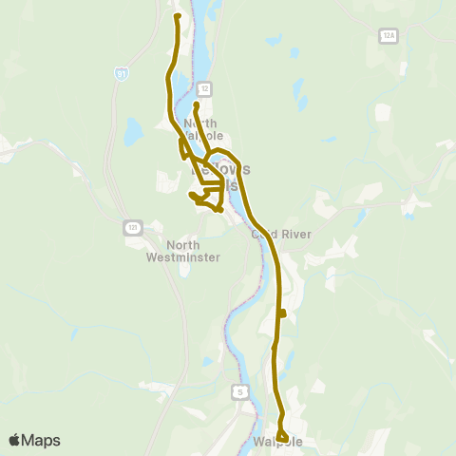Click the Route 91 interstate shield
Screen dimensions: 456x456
[121, 72]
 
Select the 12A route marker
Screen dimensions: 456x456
[387, 34]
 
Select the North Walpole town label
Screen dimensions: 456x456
[200, 130]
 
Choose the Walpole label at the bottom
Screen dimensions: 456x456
[278, 444]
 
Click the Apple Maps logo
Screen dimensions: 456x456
[34, 440]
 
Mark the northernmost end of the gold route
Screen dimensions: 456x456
[178, 16]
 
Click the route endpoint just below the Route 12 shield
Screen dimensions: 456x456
[196, 104]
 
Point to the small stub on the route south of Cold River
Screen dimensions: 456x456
[282, 313]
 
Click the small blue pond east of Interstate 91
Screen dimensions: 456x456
[131, 128]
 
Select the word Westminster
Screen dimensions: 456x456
[183, 257]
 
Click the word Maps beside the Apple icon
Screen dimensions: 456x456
[43, 440]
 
